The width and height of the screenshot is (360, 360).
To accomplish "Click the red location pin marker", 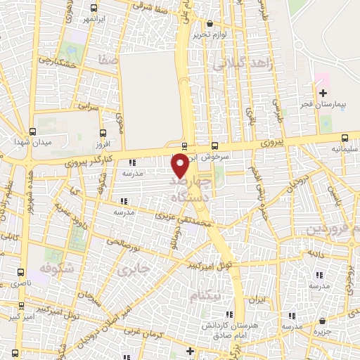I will [180, 166].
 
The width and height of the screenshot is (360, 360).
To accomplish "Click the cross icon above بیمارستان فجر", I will [323, 93].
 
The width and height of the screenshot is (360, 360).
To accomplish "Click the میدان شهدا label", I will [29, 142].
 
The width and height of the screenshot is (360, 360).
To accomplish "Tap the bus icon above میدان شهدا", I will [32, 131].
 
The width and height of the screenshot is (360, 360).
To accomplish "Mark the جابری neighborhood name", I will [134, 269].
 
